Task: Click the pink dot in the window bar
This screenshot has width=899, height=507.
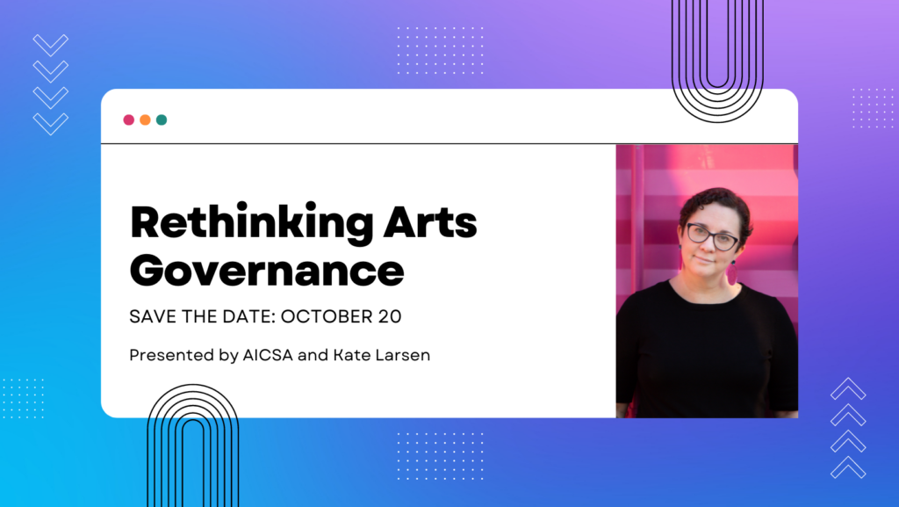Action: (128, 120)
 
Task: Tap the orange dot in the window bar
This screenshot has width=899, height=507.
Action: (145, 120)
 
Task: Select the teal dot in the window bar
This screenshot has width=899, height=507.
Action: (162, 120)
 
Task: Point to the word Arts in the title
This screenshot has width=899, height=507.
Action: (430, 222)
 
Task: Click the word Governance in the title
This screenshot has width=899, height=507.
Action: (267, 270)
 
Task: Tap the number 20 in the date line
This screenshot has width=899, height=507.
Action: (390, 316)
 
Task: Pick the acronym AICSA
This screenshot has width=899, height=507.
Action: (268, 355)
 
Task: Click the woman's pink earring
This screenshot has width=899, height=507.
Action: (733, 272)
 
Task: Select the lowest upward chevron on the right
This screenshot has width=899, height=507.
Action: (848, 467)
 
